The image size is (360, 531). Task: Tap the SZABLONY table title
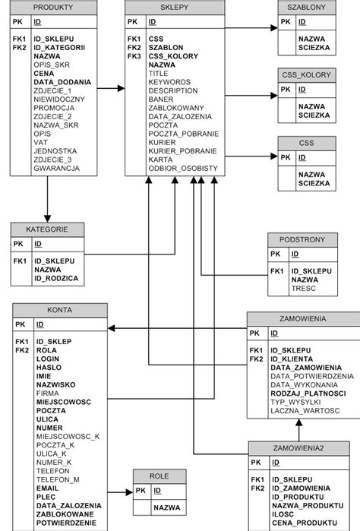pyautogui.click(x=307, y=7)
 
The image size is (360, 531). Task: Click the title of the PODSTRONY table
pyautogui.click(x=302, y=239)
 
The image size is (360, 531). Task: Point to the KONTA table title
pyautogui.click(x=59, y=310)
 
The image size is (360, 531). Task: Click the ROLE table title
pyautogui.click(x=159, y=476)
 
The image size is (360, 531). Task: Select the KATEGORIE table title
pyautogui.click(x=47, y=229)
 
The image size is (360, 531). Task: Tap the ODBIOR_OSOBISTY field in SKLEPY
pyautogui.click(x=183, y=168)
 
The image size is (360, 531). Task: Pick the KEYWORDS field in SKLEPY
pyautogui.click(x=169, y=81)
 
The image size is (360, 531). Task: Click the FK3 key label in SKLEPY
pyautogui.click(x=134, y=55)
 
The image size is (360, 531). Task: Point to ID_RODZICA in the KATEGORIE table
pyautogui.click(x=55, y=279)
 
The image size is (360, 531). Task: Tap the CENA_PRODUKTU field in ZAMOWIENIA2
pyautogui.click(x=305, y=523)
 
